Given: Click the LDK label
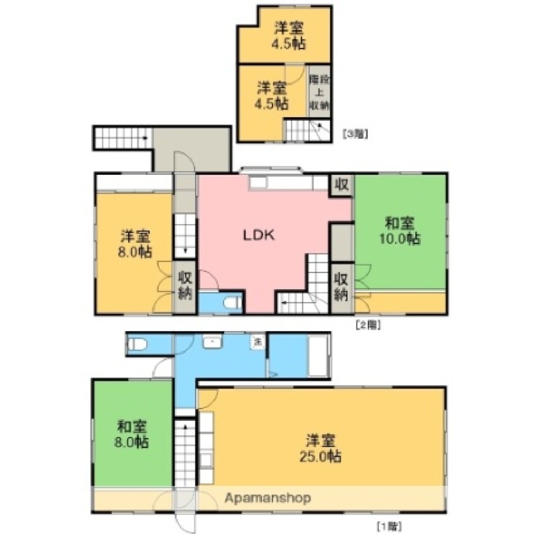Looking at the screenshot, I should (x=259, y=235).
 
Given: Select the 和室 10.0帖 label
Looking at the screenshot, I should (x=399, y=231).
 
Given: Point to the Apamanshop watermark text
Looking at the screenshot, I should (x=267, y=499).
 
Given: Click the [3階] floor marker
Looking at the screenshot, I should (x=355, y=134).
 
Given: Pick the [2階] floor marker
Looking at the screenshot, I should (x=368, y=324).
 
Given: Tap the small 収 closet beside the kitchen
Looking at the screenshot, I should (x=341, y=185).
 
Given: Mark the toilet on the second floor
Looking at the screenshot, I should (x=232, y=303).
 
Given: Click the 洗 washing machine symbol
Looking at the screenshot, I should (x=257, y=341).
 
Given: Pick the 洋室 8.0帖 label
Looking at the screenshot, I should (x=135, y=243).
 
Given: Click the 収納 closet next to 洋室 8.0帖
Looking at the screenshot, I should (x=185, y=286).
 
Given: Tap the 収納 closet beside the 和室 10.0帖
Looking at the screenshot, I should (x=341, y=287).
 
